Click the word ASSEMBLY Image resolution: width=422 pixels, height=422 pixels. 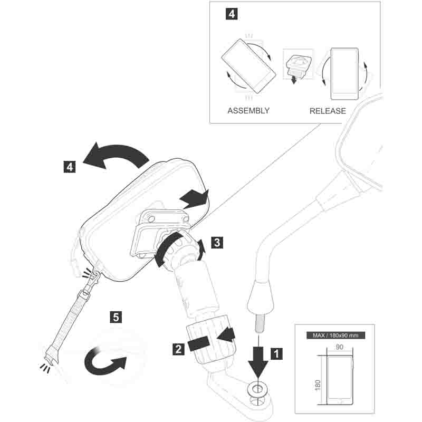coord(248,111)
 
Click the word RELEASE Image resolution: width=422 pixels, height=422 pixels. coord(328,111)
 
